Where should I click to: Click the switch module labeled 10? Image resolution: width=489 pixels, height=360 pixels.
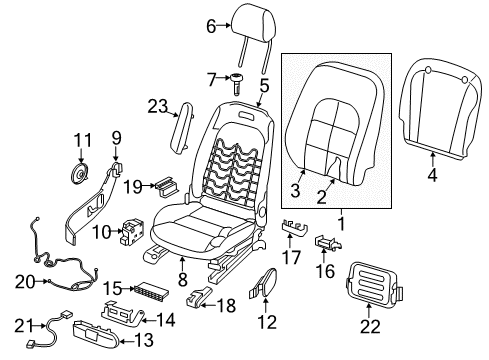click(x=132, y=232)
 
